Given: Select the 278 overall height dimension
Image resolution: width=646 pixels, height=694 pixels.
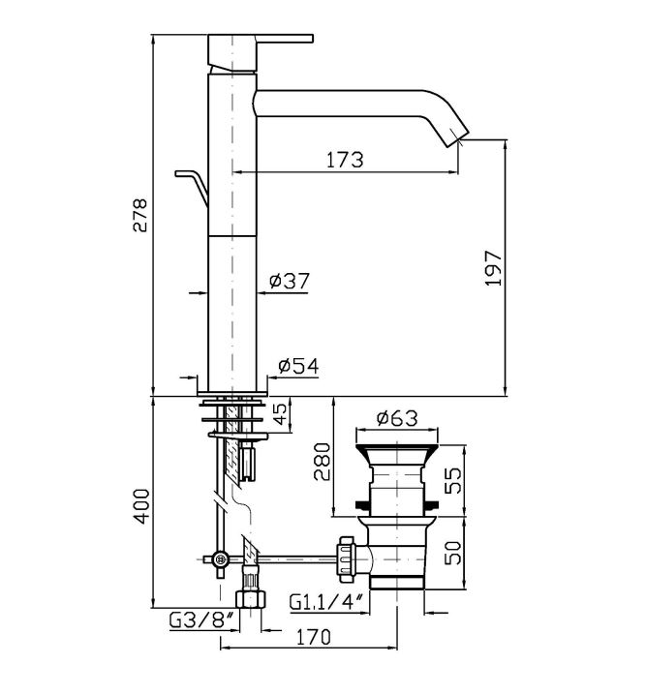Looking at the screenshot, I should [140, 215].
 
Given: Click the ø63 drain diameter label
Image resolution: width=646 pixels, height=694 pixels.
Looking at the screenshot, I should [394, 419].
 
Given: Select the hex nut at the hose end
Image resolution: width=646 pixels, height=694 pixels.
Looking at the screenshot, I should [249, 596].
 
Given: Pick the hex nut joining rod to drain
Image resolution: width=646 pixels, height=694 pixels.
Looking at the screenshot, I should [344, 556].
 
